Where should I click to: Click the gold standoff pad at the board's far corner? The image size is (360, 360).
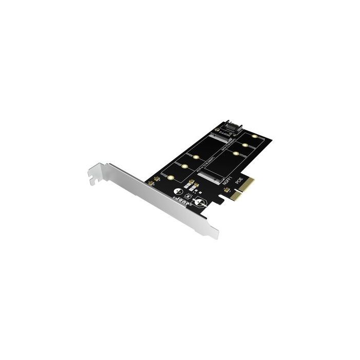click(255, 136)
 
